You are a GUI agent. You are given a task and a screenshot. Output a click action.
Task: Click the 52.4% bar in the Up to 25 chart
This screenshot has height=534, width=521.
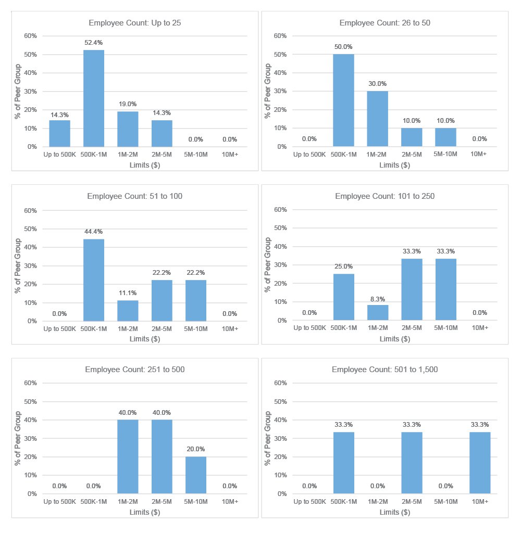(x=94, y=98)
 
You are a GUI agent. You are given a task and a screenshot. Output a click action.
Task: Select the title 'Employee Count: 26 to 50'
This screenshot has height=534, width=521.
(x=384, y=23)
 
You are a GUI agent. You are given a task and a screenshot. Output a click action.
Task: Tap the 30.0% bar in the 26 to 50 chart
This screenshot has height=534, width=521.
(x=378, y=119)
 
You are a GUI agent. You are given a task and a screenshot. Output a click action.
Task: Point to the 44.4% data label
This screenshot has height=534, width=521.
(x=94, y=232)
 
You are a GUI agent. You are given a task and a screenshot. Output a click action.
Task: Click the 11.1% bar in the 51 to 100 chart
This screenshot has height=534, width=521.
(x=128, y=311)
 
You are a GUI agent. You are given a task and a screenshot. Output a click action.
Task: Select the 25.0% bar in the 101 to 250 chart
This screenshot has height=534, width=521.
(x=343, y=297)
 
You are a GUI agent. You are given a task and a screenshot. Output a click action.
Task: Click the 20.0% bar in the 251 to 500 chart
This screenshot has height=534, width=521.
(x=196, y=475)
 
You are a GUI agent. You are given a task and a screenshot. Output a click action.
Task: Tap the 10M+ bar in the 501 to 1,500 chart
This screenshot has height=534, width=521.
(x=480, y=463)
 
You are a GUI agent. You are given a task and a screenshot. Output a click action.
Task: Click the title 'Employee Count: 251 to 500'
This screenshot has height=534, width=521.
(x=135, y=370)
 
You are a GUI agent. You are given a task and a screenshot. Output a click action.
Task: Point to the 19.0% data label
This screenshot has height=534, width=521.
(x=128, y=104)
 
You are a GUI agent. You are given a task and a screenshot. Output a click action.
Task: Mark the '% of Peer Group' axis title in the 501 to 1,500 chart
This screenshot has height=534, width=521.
(x=268, y=438)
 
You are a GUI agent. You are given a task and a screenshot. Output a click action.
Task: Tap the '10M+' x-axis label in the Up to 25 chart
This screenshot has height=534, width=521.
(x=230, y=155)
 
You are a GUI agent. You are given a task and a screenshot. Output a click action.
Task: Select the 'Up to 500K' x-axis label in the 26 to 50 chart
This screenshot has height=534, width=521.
(x=309, y=155)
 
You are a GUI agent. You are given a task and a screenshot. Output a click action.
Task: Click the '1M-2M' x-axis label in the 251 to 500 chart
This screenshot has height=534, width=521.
(x=128, y=502)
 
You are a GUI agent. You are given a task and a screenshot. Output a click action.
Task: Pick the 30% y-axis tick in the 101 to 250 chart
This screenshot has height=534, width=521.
(x=280, y=265)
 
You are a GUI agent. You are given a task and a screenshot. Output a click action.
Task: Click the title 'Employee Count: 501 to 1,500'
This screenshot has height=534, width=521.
(x=384, y=370)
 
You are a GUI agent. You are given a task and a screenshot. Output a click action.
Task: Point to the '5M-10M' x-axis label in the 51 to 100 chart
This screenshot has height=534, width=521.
(x=196, y=329)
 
